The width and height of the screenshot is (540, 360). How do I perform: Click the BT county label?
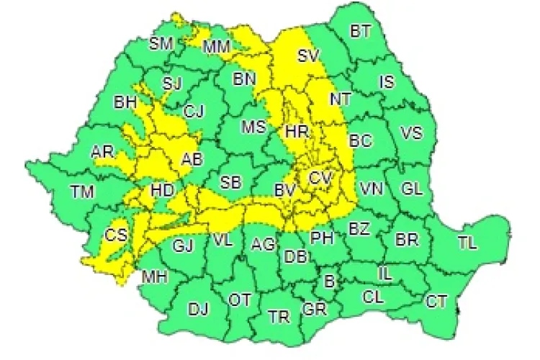(x=361, y=32)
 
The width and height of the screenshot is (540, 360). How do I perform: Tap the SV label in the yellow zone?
(x=309, y=55)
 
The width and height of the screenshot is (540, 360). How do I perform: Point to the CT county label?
(x=436, y=300)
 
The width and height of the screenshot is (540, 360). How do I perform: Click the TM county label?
(x=83, y=192)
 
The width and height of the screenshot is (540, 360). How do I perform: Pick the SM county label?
(x=161, y=43)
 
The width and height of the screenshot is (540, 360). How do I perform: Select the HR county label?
(x=297, y=132)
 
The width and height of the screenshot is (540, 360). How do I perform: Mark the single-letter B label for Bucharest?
(x=329, y=282)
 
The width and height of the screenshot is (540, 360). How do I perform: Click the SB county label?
(x=230, y=181)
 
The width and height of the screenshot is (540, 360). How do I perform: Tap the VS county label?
(x=411, y=133)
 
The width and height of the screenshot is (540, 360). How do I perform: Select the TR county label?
(x=279, y=316)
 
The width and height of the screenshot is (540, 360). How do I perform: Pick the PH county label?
(x=320, y=236)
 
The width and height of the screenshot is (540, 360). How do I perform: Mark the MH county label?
(x=154, y=276)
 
